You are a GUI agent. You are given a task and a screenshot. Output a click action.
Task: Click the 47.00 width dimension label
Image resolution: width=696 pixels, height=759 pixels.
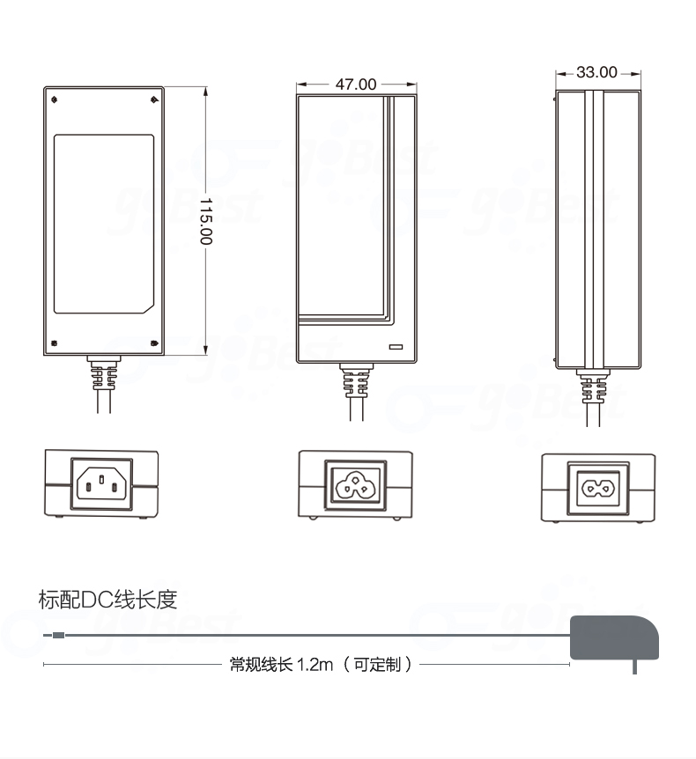[x=355, y=85]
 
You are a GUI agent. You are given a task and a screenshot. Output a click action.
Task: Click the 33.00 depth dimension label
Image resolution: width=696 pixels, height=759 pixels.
[x=596, y=72]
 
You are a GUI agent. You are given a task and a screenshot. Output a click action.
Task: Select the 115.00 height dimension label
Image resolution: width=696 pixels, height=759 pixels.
[x=205, y=221]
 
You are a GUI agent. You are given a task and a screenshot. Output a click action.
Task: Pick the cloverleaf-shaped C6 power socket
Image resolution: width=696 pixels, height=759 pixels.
[x=356, y=483]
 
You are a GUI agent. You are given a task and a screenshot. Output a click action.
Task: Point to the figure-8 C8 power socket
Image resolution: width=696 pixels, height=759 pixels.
[x=597, y=485]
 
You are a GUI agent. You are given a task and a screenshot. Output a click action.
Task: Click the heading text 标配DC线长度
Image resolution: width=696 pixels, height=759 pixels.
[x=108, y=600]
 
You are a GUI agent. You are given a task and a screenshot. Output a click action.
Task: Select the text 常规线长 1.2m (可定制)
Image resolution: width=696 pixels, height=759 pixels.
[x=321, y=664]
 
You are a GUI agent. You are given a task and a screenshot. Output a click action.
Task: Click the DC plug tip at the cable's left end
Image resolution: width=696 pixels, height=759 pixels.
[x=56, y=635]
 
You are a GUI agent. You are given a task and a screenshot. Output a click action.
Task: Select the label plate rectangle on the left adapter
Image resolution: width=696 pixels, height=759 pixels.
[x=104, y=224]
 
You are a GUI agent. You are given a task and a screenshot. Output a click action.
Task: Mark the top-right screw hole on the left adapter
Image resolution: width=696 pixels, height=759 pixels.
[x=152, y=99]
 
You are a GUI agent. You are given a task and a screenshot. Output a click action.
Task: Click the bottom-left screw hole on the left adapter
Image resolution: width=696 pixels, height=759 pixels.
[x=56, y=343]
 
